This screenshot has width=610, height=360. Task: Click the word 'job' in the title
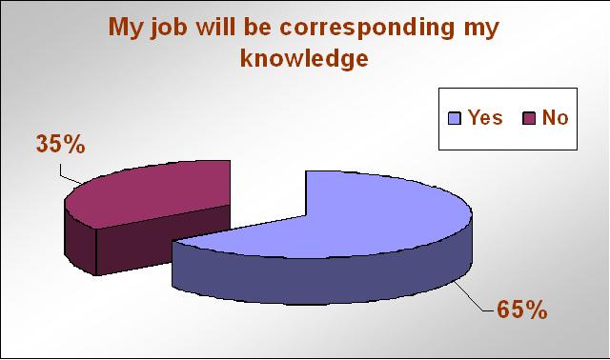click(169, 28)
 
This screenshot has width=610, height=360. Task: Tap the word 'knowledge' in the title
click(304, 58)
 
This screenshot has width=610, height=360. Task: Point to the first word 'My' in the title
click(125, 29)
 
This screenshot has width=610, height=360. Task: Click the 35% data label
click(61, 144)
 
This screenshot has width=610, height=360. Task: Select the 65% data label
click(522, 310)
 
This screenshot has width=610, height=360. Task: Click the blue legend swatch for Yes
click(455, 118)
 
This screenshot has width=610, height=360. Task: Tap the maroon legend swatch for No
click(529, 118)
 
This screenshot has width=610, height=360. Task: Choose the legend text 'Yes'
click(485, 117)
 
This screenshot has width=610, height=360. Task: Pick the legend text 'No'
click(555, 117)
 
